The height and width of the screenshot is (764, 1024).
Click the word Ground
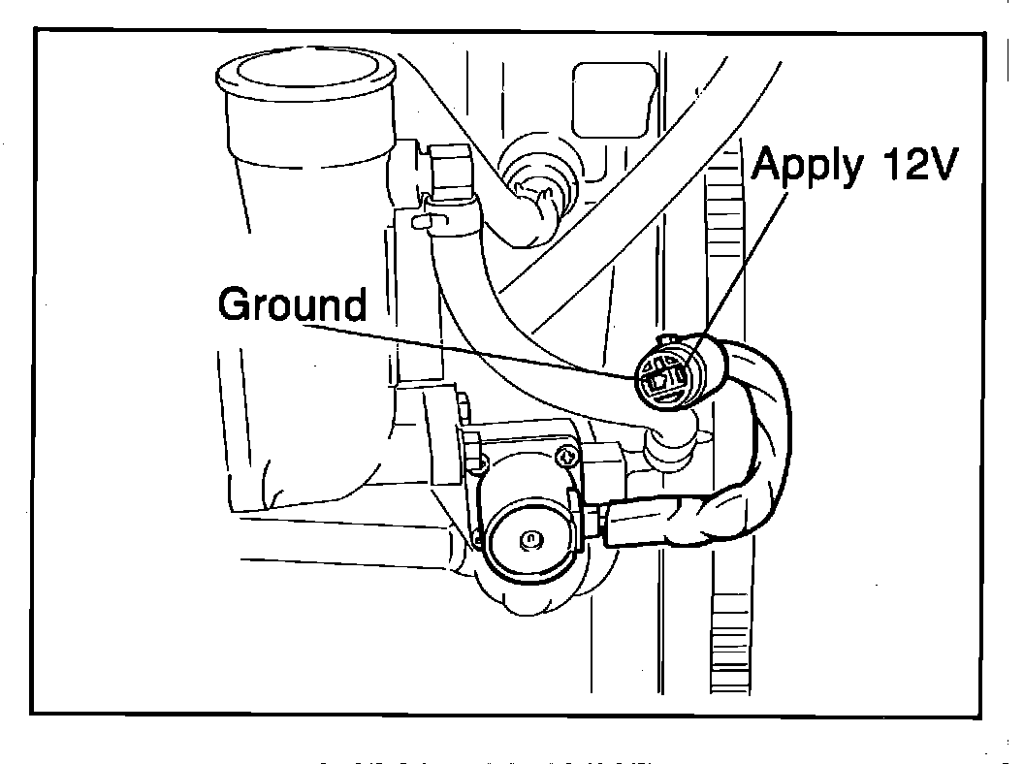[x=293, y=304]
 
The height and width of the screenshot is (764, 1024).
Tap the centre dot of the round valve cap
[x=528, y=538]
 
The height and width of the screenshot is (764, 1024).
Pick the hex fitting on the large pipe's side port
[x=450, y=167]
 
